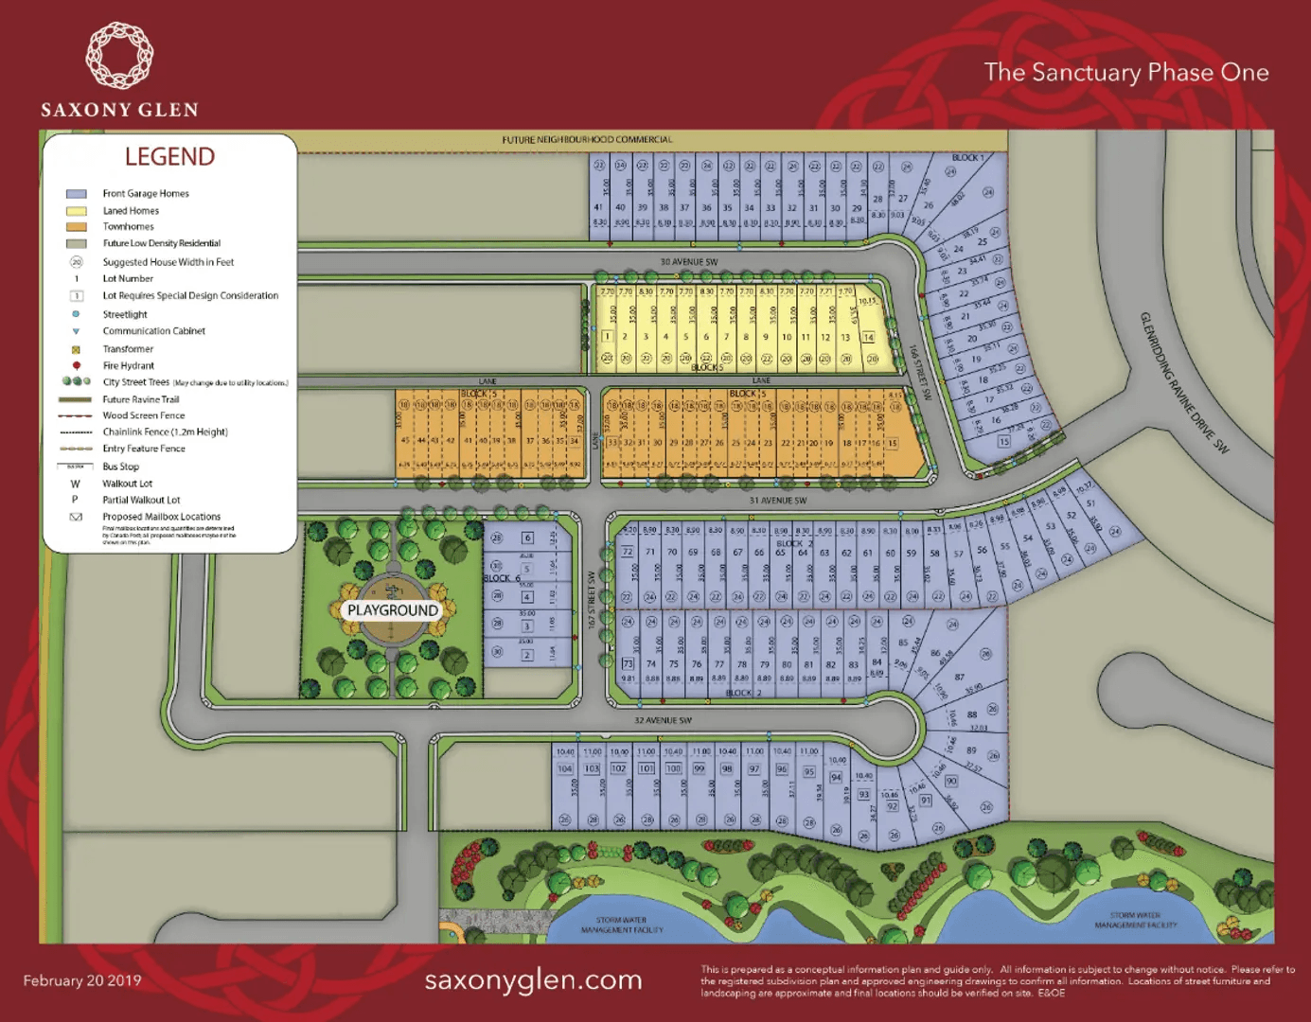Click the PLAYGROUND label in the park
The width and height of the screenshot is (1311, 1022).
392,610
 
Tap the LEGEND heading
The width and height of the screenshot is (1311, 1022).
170,157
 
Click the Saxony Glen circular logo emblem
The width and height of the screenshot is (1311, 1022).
119,56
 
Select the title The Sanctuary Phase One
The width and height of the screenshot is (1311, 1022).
1125,73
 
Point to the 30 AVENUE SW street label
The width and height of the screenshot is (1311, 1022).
688,262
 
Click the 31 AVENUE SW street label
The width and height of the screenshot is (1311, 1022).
777,501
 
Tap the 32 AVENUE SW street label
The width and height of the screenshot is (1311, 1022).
663,720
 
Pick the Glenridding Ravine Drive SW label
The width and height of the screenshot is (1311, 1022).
1183,382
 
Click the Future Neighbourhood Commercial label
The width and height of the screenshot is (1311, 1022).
587,140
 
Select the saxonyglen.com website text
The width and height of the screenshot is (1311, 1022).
533,980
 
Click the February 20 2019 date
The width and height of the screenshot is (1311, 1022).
82,980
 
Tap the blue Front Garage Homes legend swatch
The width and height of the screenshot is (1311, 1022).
76,194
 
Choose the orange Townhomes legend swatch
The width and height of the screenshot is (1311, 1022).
76,227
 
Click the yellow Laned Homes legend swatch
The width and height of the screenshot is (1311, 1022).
76,211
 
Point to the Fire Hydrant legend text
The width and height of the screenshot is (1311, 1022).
128,366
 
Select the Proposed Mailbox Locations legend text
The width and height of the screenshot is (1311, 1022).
161,517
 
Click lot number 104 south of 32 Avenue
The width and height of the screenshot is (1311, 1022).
565,768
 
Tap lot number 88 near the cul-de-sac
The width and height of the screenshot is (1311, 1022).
972,714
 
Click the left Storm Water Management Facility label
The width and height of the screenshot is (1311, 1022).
622,925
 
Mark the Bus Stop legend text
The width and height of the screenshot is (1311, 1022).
120,467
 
